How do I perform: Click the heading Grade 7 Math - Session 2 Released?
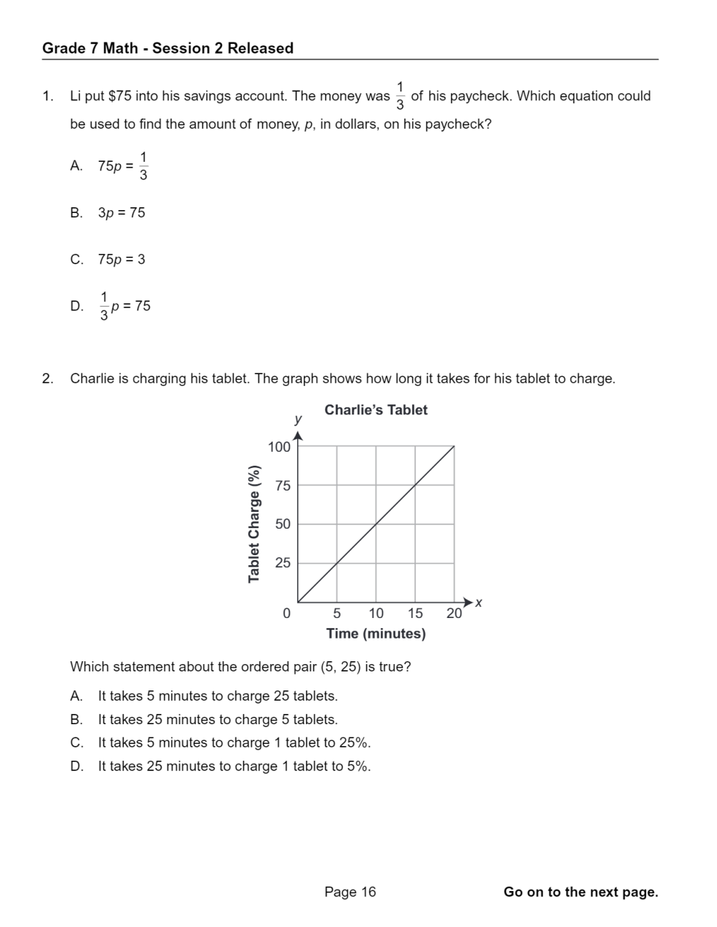tap(168, 48)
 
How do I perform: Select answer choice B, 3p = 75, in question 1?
tap(122, 213)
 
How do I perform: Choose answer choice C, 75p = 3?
tap(122, 259)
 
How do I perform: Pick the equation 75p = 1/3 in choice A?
tap(123, 166)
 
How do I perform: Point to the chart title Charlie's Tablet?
tap(376, 410)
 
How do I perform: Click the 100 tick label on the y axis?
tap(279, 447)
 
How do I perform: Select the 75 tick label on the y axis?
tap(283, 485)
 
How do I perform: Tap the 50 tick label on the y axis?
tap(283, 524)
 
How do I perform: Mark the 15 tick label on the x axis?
tap(415, 614)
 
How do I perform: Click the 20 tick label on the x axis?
tap(454, 614)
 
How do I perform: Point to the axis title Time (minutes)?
tap(376, 633)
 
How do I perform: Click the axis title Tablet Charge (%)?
tap(254, 524)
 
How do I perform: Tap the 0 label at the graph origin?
tap(286, 614)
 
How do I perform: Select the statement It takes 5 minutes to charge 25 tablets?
tap(218, 696)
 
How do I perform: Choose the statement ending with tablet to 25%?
tap(234, 742)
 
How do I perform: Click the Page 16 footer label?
tap(350, 892)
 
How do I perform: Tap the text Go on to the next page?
tap(581, 892)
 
